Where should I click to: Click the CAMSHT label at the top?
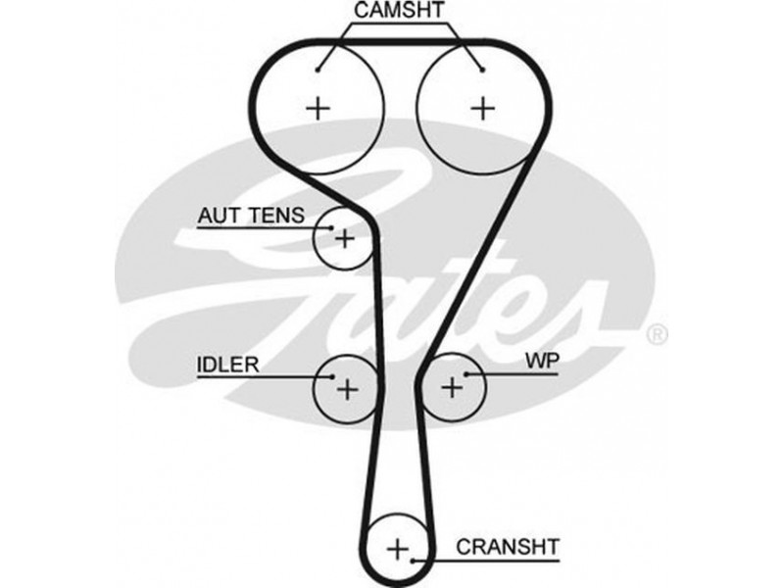399,13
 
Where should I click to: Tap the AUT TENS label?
251,215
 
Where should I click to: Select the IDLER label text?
227,366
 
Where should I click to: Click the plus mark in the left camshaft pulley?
318,107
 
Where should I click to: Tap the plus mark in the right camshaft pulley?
481,107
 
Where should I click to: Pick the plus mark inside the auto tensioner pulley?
344,237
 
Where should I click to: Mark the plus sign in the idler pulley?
347,389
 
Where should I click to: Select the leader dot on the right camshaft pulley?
483,69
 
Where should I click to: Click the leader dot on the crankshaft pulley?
415,562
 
